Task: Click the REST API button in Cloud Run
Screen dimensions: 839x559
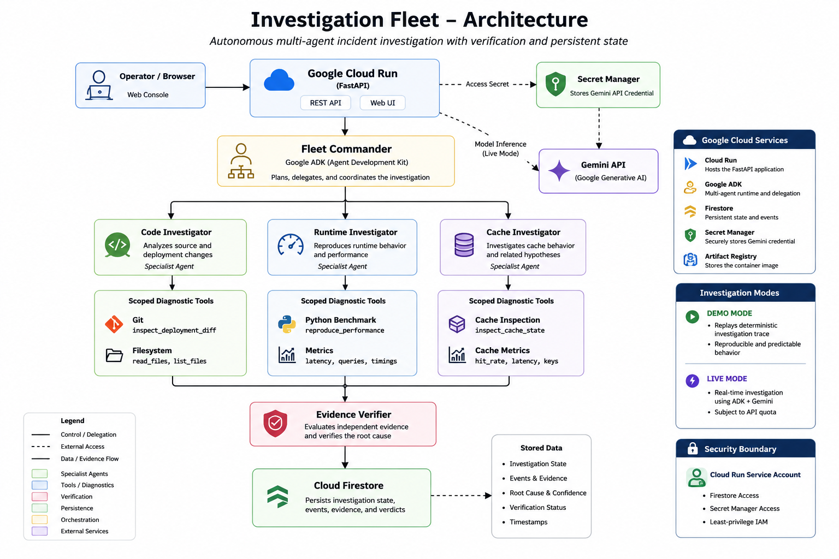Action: (326, 103)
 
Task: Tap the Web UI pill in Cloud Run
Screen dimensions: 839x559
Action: (382, 103)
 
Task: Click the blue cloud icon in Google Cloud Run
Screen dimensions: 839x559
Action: (279, 80)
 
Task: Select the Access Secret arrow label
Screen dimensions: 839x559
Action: (487, 84)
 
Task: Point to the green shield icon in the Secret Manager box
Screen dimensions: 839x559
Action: (556, 84)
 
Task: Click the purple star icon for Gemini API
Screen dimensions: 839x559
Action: (559, 171)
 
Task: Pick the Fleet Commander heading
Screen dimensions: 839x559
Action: (346, 149)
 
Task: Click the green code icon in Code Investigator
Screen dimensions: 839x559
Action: (117, 245)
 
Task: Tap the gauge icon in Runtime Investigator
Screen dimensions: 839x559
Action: (291, 245)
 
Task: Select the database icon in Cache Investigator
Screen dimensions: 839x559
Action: (464, 245)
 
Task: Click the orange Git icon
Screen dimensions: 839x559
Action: (114, 324)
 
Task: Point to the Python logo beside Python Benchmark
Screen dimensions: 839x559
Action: (287, 324)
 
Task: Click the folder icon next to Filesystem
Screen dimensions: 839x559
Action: (114, 355)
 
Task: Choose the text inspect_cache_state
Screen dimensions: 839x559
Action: (510, 330)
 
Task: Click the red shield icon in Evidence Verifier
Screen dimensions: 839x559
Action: (275, 424)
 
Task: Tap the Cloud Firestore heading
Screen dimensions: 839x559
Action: (348, 486)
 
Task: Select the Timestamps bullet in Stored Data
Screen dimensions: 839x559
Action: (528, 522)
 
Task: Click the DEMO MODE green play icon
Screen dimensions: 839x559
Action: (692, 317)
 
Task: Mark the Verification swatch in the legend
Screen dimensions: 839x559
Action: (40, 496)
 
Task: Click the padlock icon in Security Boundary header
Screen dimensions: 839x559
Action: (693, 448)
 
